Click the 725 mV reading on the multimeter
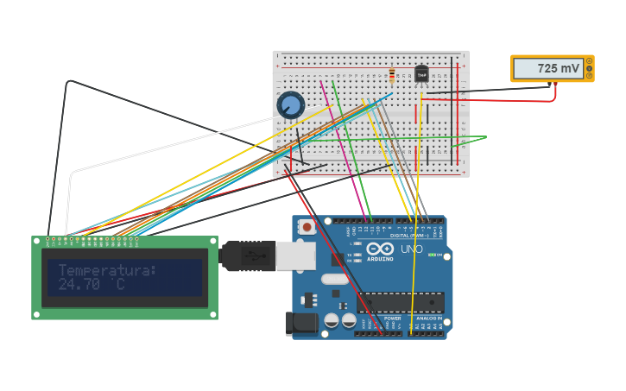point(558,68)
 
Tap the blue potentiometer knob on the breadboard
point(291,105)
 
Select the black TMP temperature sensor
point(421,74)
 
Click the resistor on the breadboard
point(392,76)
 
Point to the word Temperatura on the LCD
point(107,270)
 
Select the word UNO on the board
point(412,249)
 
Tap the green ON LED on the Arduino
point(439,255)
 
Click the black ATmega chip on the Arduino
point(401,302)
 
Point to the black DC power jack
point(300,323)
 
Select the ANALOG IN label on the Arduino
point(428,318)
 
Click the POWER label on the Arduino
point(392,318)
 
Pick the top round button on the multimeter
point(590,61)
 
